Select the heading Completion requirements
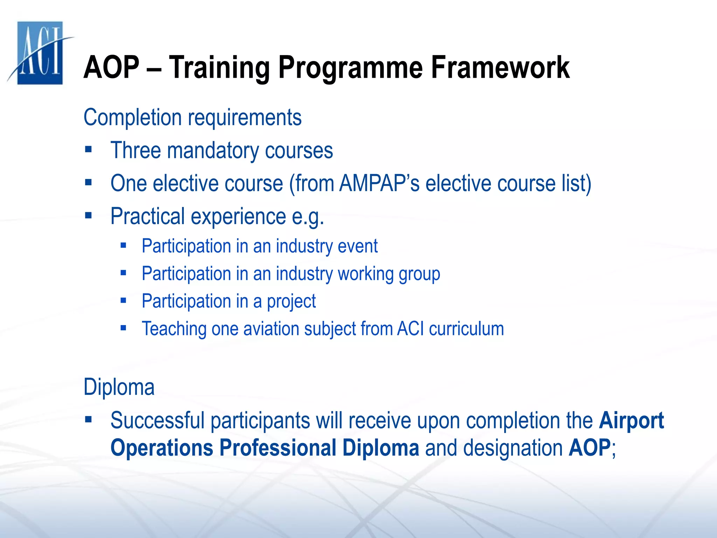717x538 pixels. (193, 117)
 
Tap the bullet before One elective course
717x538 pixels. (88, 182)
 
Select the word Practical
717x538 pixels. (147, 216)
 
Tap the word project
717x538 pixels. (291, 302)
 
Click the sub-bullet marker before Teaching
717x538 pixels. (123, 328)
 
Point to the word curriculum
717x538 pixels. (466, 329)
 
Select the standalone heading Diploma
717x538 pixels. (119, 387)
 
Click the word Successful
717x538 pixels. (157, 420)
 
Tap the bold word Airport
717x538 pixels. (631, 421)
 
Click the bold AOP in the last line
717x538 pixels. (590, 448)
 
